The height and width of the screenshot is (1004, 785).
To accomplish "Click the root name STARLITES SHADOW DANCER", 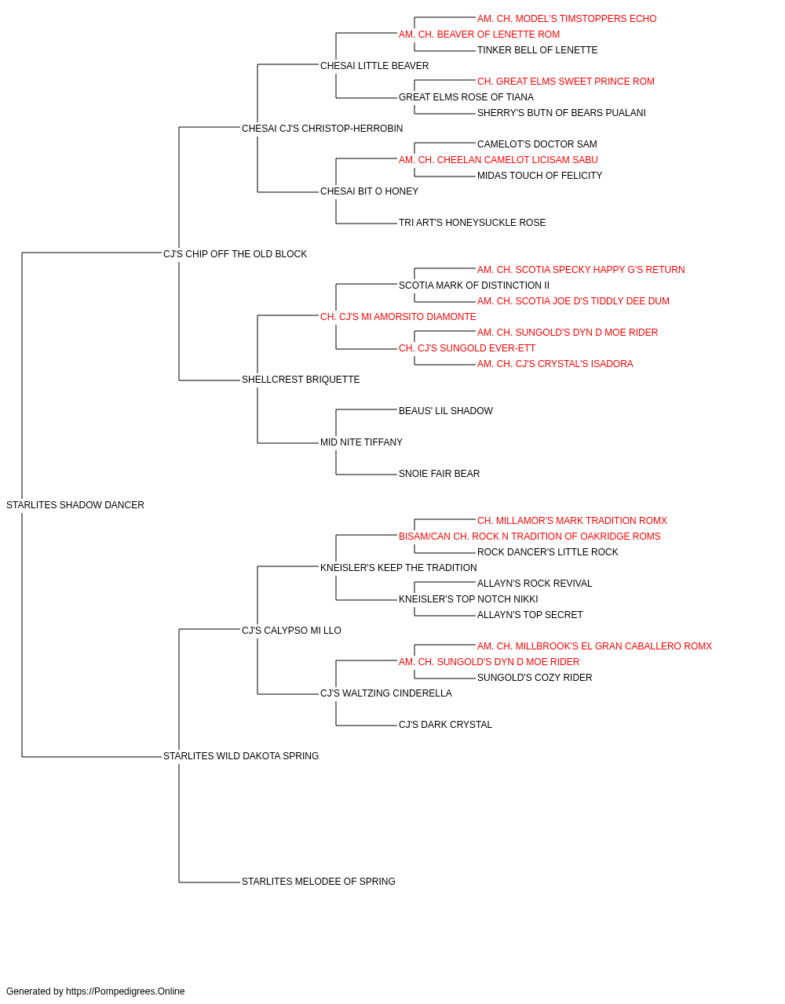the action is click(75, 505).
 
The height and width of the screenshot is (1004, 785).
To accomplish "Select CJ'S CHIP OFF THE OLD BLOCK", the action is click(235, 254).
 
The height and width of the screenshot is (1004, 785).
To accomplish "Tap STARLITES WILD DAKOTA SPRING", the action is click(241, 756).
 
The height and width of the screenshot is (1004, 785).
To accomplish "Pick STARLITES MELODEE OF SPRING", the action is click(319, 882).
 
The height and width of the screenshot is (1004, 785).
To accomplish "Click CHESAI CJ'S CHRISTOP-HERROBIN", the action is click(322, 129).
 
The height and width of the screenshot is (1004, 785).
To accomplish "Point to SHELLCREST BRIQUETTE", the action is click(301, 380).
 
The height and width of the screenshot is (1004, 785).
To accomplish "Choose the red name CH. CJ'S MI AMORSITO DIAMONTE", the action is click(398, 317).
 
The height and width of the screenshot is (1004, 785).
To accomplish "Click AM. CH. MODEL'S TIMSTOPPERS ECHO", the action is click(567, 19).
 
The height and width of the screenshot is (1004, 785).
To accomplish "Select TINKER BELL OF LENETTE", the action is click(537, 50).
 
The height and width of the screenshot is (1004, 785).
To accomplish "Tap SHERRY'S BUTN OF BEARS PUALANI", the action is click(561, 113).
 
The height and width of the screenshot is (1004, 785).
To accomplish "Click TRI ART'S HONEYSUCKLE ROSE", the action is click(472, 223).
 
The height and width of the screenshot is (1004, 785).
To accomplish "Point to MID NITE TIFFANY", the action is click(362, 442).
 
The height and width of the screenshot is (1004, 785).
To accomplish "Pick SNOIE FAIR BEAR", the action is click(439, 474).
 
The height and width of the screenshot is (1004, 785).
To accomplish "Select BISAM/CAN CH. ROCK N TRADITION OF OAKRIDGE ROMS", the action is click(530, 537).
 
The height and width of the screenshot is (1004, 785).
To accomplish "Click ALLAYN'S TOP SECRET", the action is click(530, 615).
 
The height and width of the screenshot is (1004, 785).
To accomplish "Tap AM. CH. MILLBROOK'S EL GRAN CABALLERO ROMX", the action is click(594, 646).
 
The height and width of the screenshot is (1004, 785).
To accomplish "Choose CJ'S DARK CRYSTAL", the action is click(445, 725).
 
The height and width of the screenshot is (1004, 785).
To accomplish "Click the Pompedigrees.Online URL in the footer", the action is click(126, 991).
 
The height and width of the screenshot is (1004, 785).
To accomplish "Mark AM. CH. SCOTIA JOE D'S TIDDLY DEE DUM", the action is click(573, 301).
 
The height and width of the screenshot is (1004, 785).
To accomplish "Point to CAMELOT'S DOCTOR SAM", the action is click(537, 144).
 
